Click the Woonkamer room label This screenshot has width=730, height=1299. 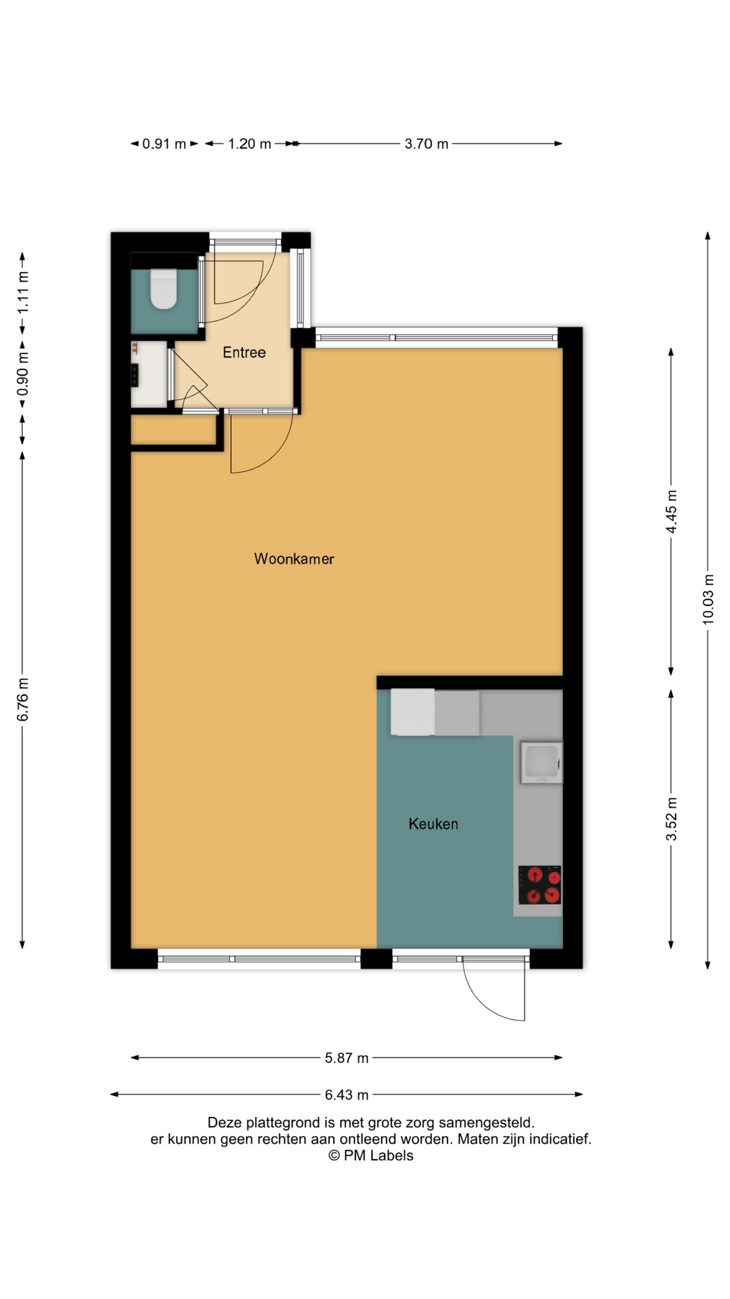[294, 559]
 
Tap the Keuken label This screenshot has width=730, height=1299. [433, 824]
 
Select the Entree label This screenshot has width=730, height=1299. [244, 352]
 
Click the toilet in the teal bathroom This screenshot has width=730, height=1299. [163, 289]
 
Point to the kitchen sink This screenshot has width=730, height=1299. [541, 762]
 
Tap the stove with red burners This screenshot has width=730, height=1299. [539, 885]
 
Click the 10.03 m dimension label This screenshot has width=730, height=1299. [708, 599]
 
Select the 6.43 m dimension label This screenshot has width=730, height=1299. [347, 1095]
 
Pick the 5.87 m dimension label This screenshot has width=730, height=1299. [347, 1058]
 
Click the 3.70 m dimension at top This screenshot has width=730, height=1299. [427, 144]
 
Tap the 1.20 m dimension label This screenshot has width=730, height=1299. [249, 144]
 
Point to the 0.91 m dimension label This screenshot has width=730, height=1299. [164, 144]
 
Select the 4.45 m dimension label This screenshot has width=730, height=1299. [671, 511]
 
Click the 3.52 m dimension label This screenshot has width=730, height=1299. [671, 819]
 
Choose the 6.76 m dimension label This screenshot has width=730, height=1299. [23, 699]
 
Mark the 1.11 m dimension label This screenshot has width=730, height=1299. [23, 292]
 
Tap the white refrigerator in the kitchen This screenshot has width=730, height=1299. [412, 712]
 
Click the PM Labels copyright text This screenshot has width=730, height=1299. [371, 1156]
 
